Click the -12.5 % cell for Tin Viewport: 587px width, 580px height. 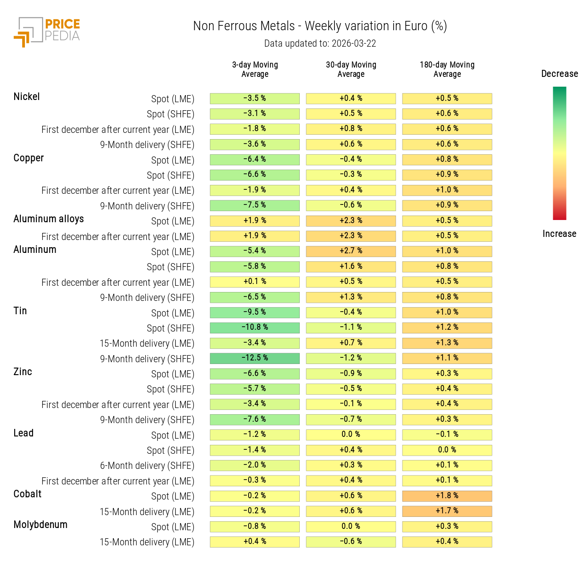[x=255, y=358]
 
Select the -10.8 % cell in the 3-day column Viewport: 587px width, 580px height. [x=255, y=328]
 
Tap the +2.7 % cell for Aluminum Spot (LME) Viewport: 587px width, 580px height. [x=351, y=251]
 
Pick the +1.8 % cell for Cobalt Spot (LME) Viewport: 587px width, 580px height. [x=447, y=496]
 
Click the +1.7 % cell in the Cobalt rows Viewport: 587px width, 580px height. [x=447, y=511]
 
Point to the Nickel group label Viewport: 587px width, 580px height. [x=27, y=97]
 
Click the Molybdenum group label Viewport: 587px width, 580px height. [x=40, y=525]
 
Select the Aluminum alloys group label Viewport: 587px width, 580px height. [x=48, y=219]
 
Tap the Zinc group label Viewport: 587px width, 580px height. [x=23, y=372]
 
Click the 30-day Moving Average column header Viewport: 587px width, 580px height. [x=351, y=70]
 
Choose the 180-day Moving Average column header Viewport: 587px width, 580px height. [x=447, y=70]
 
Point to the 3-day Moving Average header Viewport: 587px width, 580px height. [x=255, y=70]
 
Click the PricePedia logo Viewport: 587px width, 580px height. [x=47, y=32]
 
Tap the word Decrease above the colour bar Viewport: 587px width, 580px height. [x=559, y=74]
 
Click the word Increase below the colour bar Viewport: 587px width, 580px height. [x=559, y=234]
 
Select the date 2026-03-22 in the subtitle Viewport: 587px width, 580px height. [x=354, y=44]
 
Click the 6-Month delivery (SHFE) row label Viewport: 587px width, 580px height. [x=147, y=466]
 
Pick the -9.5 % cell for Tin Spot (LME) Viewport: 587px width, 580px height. [x=255, y=312]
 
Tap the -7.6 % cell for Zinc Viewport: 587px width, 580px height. [x=255, y=420]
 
